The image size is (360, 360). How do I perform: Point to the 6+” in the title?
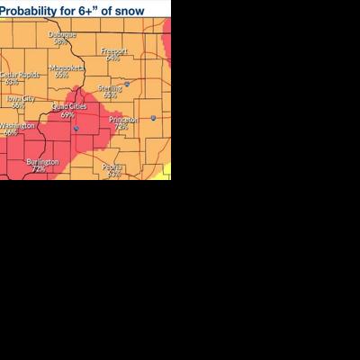[x=93, y=10]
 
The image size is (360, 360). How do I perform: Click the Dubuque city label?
[x=60, y=35]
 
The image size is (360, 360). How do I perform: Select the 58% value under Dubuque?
[x=60, y=41]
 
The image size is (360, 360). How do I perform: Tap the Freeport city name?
[x=113, y=51]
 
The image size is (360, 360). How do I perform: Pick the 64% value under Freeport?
[x=113, y=58]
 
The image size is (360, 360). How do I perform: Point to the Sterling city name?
[x=110, y=88]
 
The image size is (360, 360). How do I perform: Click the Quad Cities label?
[x=67, y=107]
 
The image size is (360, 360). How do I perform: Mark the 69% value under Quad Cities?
[x=67, y=114]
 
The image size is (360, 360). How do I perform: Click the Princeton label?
[x=122, y=120]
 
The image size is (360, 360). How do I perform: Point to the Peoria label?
[x=112, y=166]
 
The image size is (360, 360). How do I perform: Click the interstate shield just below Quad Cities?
[x=76, y=128]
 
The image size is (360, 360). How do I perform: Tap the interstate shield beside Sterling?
[x=127, y=85]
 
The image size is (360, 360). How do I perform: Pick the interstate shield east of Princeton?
[x=153, y=118]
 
